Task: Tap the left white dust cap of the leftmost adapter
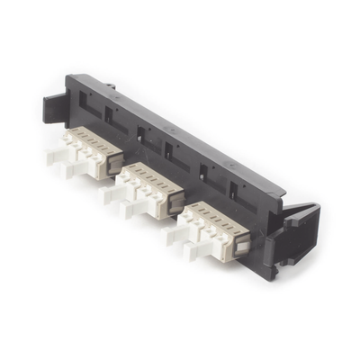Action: point(57,154)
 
